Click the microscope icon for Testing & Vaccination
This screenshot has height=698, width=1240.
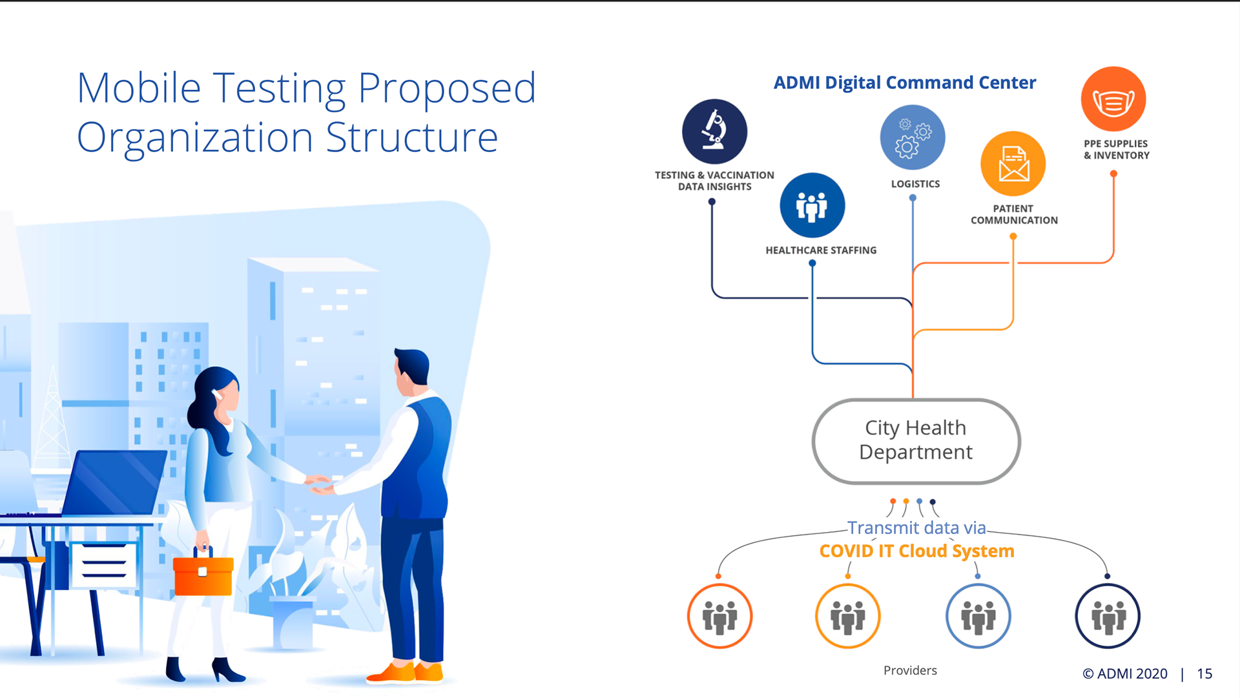[714, 131]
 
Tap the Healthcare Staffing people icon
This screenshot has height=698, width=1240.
[812, 205]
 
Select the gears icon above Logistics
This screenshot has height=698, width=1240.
[913, 138]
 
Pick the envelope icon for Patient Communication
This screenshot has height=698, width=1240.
[1013, 163]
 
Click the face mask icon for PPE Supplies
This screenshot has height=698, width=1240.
[1113, 99]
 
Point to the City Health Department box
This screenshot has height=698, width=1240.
[916, 441]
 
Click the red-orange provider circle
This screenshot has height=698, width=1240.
[719, 616]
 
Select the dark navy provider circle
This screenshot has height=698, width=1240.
[1108, 616]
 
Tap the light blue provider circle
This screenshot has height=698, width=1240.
[978, 616]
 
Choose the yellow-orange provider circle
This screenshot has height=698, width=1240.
[848, 616]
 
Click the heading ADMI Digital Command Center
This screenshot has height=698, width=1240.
[904, 83]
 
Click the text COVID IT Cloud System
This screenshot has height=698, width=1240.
[916, 551]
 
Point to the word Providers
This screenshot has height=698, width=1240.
[910, 670]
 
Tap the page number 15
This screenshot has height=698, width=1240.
[1204, 673]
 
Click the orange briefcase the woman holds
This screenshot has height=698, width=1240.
[203, 575]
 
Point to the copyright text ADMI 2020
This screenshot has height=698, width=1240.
[1125, 673]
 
